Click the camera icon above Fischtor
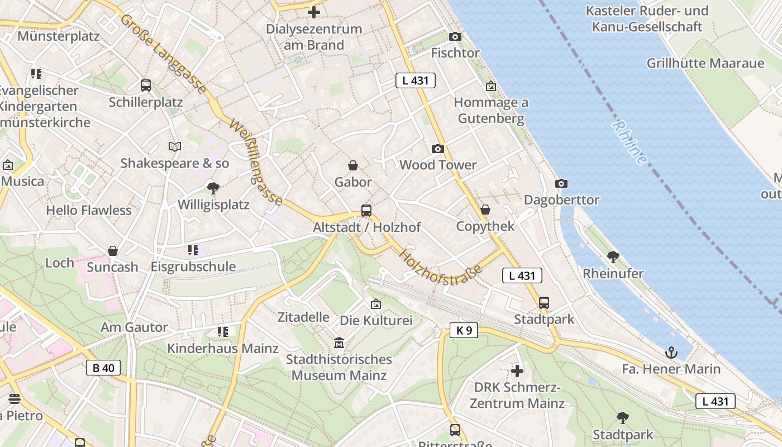coord(455,37)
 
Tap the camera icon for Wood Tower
coord(438,149)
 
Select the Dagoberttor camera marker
coord(561,184)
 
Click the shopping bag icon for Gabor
coord(353,166)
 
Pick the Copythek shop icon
coord(485,210)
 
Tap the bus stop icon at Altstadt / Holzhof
coord(366,211)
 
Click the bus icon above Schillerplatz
coord(146,85)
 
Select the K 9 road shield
coord(464,330)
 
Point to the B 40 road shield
coord(103,368)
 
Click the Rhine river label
coord(630,142)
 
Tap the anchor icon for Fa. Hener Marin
coord(671,353)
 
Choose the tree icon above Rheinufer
coord(613,257)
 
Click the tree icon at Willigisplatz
coord(213,188)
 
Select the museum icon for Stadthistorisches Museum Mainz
coord(339,343)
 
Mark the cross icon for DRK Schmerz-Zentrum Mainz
coord(517,370)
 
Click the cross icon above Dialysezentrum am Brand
coord(314,12)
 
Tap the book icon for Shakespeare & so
coord(175,146)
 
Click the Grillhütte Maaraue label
coord(705,63)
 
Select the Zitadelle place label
coord(303,317)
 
